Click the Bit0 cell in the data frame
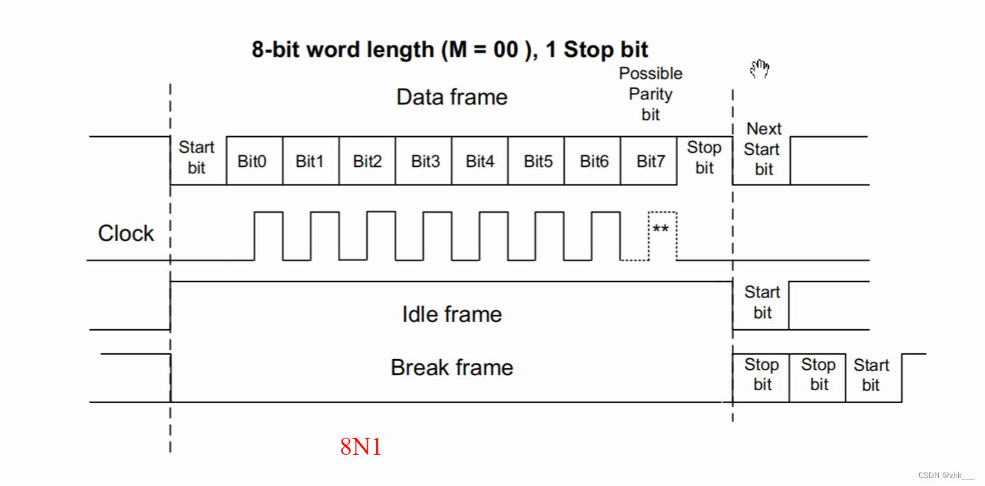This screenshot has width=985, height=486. tap(253, 161)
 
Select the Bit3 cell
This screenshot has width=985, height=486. tap(424, 161)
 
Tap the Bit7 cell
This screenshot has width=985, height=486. tap(650, 161)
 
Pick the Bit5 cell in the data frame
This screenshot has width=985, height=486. tap(537, 161)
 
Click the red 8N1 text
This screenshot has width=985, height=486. tap(361, 447)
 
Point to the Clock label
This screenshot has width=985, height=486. tap(125, 233)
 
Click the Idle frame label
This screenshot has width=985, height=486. tap(451, 314)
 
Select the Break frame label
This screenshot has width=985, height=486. tap(451, 368)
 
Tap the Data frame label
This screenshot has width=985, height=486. tap(451, 97)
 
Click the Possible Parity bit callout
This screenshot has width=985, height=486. tap(651, 94)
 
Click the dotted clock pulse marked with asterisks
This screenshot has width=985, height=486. tap(662, 229)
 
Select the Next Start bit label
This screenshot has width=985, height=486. tap(762, 149)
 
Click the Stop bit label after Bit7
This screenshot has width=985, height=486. tap(704, 158)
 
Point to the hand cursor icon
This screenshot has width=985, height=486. tap(760, 69)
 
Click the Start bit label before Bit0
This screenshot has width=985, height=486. tap(196, 158)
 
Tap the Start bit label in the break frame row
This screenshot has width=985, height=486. tap(871, 375)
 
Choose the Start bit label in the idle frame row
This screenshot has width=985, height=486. tap(762, 302)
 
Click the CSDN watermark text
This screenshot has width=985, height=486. tap(945, 475)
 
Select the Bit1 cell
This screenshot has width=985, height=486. tap(310, 161)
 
